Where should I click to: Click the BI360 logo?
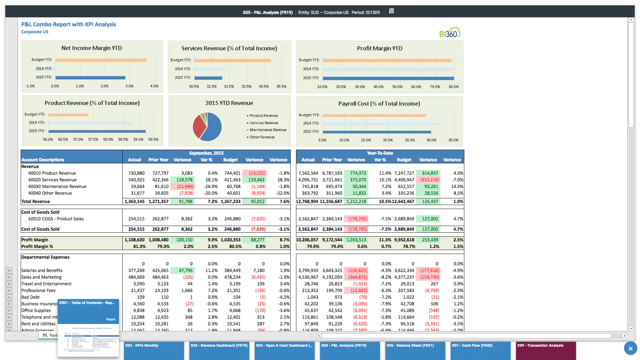tap(450, 33)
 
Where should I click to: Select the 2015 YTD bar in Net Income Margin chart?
tap(90, 78)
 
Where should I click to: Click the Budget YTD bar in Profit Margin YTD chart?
tap(387, 60)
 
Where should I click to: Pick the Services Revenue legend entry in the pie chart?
tap(263, 123)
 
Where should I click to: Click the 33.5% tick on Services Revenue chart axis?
tap(246, 87)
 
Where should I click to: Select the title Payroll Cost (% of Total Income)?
tap(379, 104)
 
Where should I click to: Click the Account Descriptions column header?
tap(43, 160)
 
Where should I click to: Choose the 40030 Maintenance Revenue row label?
tap(57, 187)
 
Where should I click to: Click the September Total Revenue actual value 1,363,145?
tap(134, 202)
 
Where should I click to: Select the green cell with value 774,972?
tap(358, 173)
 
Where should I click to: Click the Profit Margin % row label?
tap(37, 247)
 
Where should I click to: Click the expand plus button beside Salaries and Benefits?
tap(9, 271)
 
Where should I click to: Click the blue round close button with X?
tap(630, 349)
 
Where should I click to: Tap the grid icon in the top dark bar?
tap(391, 11)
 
